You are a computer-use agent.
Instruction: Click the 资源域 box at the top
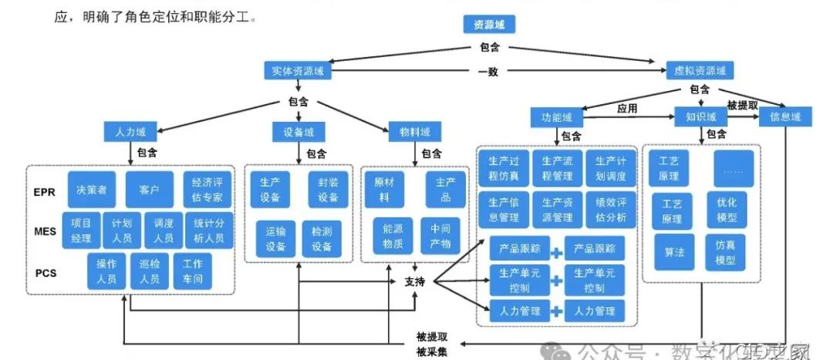(489, 25)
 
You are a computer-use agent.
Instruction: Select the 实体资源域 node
(297, 71)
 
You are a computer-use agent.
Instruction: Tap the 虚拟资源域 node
(700, 71)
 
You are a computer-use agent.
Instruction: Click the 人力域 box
(125, 132)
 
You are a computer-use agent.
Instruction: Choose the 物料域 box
(414, 132)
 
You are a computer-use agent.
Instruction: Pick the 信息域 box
(785, 117)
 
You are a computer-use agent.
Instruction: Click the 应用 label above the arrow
(627, 109)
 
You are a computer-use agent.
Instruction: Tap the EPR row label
(45, 192)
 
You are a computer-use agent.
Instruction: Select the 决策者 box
(92, 189)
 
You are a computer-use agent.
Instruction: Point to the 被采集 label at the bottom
(431, 352)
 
